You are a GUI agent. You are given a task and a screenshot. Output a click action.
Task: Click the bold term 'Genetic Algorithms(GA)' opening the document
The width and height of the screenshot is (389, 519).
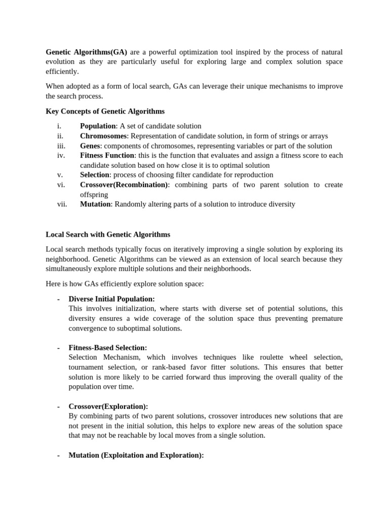(87, 52)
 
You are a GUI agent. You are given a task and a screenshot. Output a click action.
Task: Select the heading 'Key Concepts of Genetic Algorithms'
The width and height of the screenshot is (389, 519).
(105, 111)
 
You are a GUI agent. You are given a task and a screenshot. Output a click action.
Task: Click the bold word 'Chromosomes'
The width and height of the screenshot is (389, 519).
(103, 136)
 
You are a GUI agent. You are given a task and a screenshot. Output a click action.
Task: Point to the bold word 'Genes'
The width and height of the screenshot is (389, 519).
(90, 145)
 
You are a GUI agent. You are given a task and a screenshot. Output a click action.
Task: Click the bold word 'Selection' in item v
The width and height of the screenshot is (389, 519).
(95, 175)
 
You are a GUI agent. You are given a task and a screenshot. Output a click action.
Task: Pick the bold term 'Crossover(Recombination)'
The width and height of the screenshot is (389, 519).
(124, 184)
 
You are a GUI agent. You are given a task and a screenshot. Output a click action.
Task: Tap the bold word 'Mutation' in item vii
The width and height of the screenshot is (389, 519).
(95, 204)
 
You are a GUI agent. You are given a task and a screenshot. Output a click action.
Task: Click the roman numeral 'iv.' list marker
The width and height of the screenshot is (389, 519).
(61, 155)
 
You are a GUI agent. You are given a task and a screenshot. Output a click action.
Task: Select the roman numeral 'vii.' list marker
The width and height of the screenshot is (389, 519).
(62, 204)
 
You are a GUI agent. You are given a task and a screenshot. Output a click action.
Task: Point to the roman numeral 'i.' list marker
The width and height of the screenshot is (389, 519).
(59, 126)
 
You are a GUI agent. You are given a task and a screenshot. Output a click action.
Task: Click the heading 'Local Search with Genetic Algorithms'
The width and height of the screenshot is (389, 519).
(108, 234)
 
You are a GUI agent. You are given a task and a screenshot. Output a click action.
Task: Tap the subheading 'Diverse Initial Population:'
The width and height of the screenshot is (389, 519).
(111, 299)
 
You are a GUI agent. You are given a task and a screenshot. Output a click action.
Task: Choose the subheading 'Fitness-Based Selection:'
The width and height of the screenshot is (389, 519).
(108, 348)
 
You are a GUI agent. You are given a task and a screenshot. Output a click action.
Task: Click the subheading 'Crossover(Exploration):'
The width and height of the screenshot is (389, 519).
(108, 406)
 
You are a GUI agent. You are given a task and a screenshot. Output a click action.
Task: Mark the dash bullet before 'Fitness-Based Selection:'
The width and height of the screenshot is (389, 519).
(59, 348)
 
